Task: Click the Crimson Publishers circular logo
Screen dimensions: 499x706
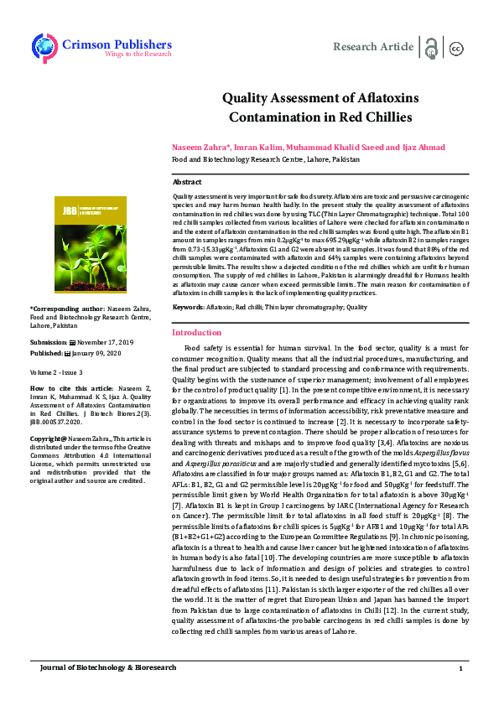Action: [44, 47]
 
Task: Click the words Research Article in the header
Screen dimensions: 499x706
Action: [373, 47]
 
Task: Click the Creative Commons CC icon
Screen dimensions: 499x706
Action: [456, 48]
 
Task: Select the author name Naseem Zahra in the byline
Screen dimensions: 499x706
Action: [199, 146]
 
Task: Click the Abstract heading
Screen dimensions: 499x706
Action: [186, 181]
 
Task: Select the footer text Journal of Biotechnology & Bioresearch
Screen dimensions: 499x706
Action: [108, 667]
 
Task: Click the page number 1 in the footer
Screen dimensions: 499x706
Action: [460, 668]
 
